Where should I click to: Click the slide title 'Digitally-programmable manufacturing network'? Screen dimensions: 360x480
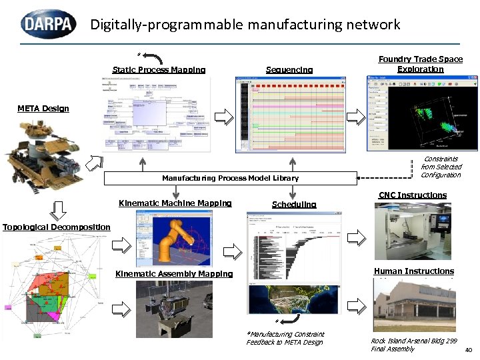245,25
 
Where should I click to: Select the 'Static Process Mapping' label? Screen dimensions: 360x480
159,70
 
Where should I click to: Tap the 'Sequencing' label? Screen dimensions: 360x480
289,70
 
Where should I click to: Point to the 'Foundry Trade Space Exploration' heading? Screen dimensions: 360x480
420,64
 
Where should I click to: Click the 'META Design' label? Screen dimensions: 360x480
43,109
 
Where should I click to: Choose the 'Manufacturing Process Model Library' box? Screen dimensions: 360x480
230,178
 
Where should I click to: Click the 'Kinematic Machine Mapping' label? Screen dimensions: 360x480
175,203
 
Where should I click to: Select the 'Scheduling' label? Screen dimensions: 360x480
294,205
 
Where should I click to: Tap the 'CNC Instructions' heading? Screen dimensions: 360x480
412,195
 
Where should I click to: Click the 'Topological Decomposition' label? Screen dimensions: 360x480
56,227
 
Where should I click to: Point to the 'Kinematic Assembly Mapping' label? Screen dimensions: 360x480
174,274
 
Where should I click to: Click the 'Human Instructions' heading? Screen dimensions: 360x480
413,271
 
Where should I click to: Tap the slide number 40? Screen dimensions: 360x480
467,349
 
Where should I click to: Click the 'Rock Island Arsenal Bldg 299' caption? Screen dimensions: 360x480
413,341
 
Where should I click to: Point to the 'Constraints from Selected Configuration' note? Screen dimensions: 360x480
441,167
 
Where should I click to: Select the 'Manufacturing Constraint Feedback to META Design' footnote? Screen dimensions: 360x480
285,338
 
